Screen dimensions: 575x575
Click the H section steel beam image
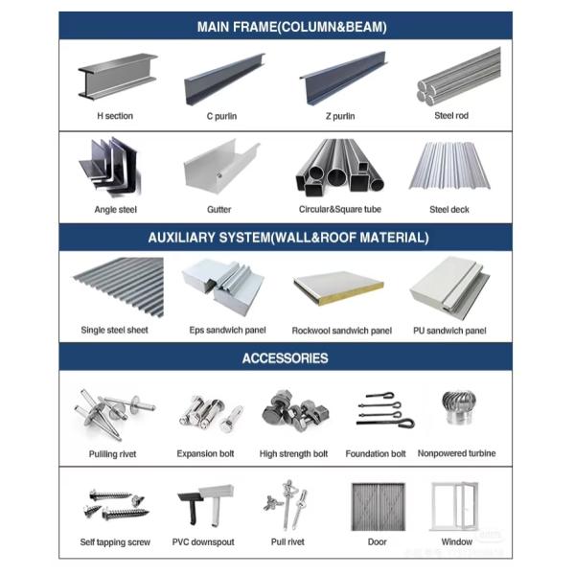pos(115,79)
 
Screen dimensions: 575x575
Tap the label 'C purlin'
pos(221,116)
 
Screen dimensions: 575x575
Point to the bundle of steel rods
pos(458,77)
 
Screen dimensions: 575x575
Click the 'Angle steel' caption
pos(114,209)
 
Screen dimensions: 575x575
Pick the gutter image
pos(219,169)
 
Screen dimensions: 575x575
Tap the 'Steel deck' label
pos(448,209)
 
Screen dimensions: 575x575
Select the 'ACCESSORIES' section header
pos(286,358)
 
